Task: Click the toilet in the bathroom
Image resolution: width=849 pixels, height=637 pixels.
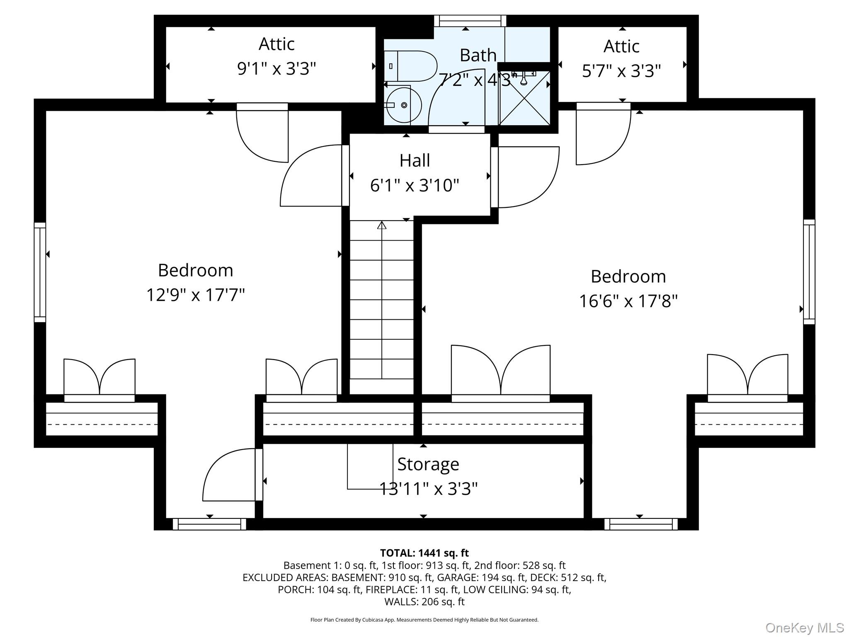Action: [x=410, y=66]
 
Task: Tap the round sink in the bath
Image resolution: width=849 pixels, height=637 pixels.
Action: [x=403, y=105]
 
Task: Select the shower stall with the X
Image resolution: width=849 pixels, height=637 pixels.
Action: [x=525, y=98]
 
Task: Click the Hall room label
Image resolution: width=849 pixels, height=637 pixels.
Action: [x=415, y=160]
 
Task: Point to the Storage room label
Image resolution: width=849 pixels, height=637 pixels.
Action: [x=428, y=464]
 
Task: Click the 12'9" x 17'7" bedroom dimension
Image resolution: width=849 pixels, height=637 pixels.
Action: [x=196, y=295]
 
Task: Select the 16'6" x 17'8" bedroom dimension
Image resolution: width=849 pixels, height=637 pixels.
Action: [x=628, y=301]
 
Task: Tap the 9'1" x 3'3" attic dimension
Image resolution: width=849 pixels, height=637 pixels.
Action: [x=277, y=68]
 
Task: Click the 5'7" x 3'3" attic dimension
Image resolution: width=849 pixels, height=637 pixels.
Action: [x=621, y=71]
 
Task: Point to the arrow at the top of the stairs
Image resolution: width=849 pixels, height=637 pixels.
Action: [x=382, y=225]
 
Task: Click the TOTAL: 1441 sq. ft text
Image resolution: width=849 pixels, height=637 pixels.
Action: [x=424, y=553]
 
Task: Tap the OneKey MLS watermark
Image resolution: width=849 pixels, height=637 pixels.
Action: [x=805, y=628]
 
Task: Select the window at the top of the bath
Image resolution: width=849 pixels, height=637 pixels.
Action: [x=470, y=21]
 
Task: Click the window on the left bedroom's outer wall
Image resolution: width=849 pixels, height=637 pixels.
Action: [x=40, y=272]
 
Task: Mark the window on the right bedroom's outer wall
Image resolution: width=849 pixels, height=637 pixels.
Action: [x=809, y=272]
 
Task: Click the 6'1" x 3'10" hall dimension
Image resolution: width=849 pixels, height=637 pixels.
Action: [x=415, y=185]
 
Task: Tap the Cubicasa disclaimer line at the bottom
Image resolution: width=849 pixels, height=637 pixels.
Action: [x=424, y=620]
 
